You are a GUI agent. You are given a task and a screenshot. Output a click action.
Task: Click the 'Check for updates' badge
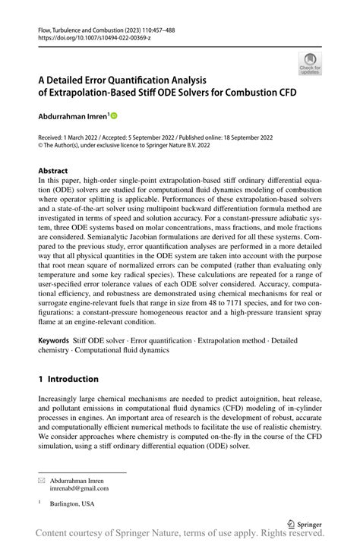click(x=310, y=63)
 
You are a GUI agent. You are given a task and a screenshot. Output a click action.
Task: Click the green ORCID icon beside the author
click(x=114, y=115)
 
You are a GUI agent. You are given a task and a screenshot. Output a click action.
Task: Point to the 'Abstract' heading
click(x=53, y=171)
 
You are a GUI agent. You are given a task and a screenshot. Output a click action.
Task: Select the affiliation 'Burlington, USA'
click(x=74, y=504)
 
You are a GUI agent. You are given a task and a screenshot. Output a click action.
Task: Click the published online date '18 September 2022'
click(x=251, y=137)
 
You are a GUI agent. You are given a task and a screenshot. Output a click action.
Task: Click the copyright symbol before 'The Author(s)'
click(x=42, y=147)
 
